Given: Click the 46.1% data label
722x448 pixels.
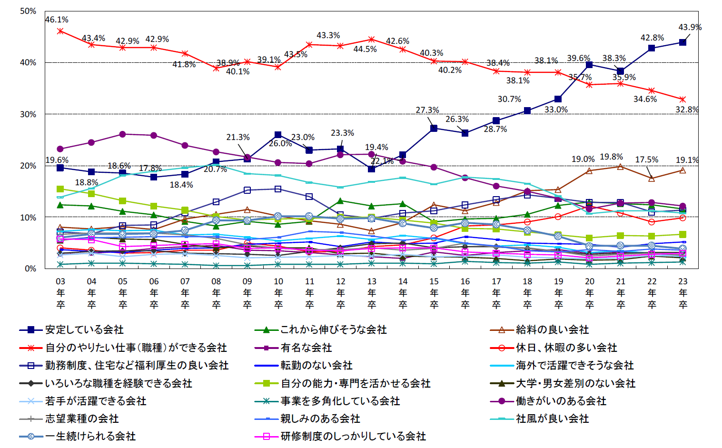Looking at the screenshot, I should click(x=57, y=20).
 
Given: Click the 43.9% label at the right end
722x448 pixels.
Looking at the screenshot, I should click(x=690, y=27).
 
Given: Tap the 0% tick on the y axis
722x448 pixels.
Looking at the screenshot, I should click(x=30, y=269).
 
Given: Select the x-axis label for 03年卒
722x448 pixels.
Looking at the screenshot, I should click(x=60, y=292).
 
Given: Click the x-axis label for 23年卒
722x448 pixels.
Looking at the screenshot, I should click(x=683, y=292).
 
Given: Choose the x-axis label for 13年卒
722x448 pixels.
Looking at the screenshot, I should click(x=372, y=292).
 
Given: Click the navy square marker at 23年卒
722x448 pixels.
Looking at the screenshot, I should click(x=683, y=42).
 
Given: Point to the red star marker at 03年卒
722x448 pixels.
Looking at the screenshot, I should click(x=60, y=31).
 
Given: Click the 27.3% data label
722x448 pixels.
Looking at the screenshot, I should click(x=427, y=110).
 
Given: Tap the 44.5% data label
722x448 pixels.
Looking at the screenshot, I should click(x=365, y=49).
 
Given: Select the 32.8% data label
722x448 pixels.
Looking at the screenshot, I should click(x=687, y=110).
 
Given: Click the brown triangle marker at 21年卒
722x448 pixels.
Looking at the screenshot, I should click(x=620, y=167).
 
